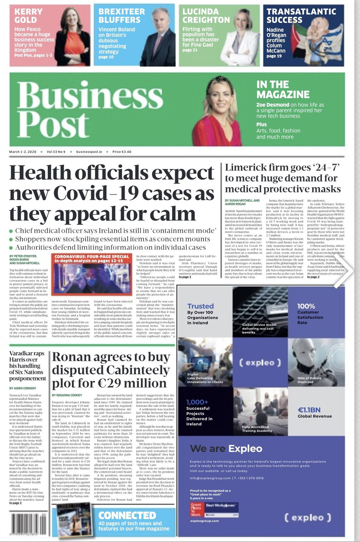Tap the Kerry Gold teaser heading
coord(28,16)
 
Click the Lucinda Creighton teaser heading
coord(206,16)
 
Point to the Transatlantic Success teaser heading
coord(301,16)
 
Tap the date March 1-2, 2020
coord(23,152)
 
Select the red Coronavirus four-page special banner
coord(92,258)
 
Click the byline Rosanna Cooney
coord(67,395)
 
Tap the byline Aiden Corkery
coord(23,388)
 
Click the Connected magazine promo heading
coord(127,516)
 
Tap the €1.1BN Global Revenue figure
coord(309,410)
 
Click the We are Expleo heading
coord(226,449)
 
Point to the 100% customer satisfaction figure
coord(306,306)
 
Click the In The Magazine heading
coord(283,89)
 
